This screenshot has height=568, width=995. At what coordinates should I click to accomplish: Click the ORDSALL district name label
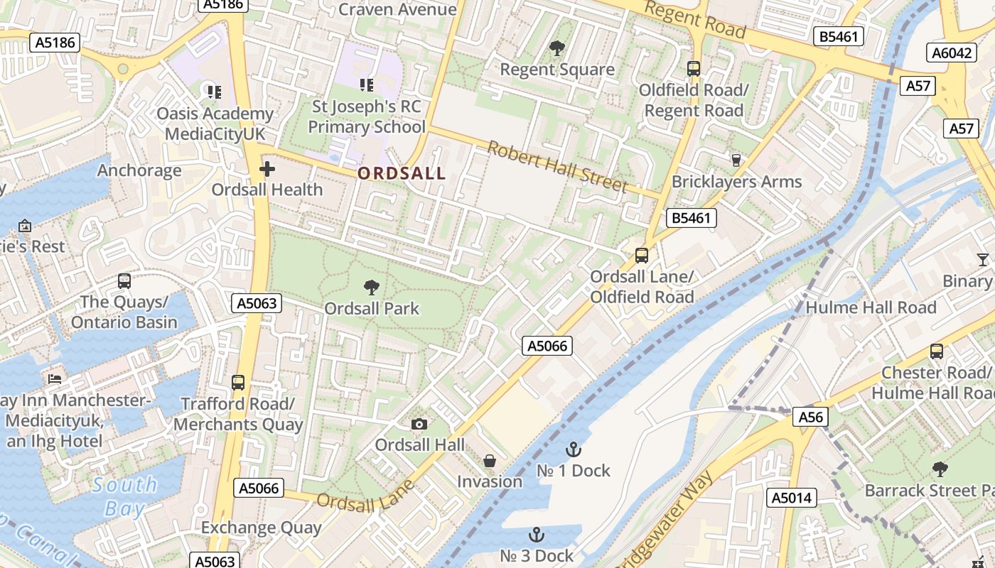pyautogui.click(x=402, y=173)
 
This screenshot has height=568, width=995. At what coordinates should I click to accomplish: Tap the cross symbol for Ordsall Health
pyautogui.click(x=267, y=169)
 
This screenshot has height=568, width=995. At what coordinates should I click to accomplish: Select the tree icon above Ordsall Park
pyautogui.click(x=371, y=288)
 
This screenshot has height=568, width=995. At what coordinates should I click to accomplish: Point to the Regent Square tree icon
pyautogui.click(x=557, y=48)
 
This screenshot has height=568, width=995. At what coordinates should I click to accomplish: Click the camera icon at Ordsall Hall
pyautogui.click(x=419, y=424)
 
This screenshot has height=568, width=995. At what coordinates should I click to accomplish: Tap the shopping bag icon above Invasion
pyautogui.click(x=490, y=461)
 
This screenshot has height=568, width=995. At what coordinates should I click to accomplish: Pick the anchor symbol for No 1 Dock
pyautogui.click(x=573, y=449)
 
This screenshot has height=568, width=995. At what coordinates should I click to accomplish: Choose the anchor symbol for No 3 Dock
pyautogui.click(x=537, y=535)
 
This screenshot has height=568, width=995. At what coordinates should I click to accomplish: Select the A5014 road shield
pyautogui.click(x=792, y=498)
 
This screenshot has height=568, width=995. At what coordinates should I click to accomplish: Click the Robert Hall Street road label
pyautogui.click(x=558, y=168)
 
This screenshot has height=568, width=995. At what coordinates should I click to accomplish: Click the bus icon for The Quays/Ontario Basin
pyautogui.click(x=124, y=281)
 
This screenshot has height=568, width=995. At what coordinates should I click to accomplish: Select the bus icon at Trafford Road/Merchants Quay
pyautogui.click(x=238, y=383)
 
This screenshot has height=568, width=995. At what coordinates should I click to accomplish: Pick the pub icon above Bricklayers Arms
pyautogui.click(x=736, y=160)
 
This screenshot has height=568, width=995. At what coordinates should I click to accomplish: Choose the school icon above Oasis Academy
pyautogui.click(x=214, y=92)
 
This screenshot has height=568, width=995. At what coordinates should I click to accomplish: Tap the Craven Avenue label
pyautogui.click(x=397, y=9)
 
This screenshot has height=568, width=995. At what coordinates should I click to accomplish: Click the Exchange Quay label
pyautogui.click(x=262, y=528)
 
